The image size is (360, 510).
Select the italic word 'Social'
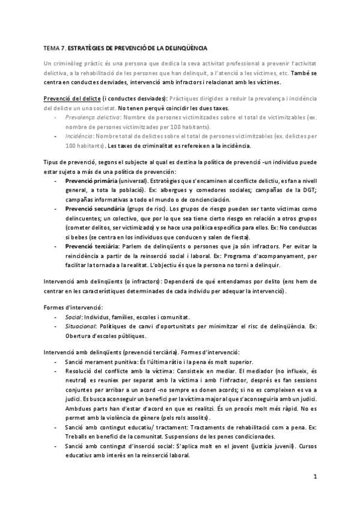[x=73, y=317]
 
